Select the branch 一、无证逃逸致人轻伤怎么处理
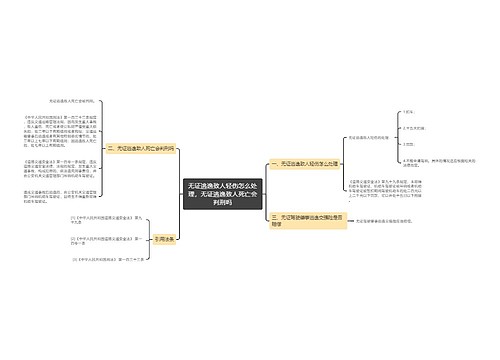304,164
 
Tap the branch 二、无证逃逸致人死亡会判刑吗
141,147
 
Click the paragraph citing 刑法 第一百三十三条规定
61,129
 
